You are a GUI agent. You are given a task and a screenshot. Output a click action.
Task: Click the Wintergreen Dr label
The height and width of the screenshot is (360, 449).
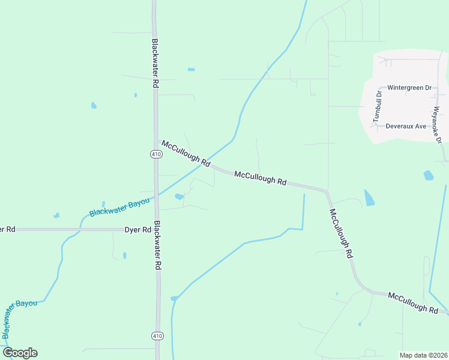(409, 88)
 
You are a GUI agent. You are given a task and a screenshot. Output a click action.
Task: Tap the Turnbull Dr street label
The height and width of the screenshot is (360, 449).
(378, 106)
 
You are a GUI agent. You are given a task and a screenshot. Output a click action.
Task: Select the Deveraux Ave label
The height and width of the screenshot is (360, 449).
(406, 127)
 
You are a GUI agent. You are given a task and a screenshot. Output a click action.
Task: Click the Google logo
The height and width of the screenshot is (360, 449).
(20, 353)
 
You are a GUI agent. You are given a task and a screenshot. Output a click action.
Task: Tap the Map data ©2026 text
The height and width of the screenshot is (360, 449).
(423, 355)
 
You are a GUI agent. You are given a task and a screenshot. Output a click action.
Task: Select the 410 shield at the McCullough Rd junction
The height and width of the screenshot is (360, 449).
(156, 154)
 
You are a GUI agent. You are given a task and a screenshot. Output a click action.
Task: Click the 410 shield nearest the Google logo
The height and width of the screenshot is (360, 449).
(157, 335)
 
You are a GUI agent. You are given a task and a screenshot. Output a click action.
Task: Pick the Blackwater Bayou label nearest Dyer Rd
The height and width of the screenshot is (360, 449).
(119, 205)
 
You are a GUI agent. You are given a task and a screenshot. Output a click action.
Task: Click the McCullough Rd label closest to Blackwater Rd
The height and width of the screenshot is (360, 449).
(185, 154)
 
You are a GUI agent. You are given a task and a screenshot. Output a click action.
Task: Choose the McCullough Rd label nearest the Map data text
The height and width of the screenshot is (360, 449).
(413, 302)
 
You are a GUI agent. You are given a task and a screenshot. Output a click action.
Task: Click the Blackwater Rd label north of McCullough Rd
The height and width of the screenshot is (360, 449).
(155, 64)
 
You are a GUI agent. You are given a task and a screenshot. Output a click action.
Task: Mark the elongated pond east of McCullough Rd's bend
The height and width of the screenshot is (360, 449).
(369, 197)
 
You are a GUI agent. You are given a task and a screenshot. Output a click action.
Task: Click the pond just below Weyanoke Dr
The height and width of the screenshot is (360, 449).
(428, 175)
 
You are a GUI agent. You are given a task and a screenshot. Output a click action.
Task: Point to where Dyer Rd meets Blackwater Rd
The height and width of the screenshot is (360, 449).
(157, 229)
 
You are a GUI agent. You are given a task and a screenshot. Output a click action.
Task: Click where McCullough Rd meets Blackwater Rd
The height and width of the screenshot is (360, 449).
(156, 142)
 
